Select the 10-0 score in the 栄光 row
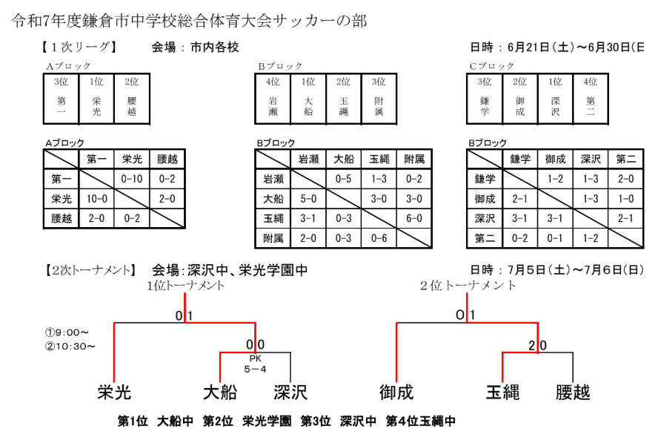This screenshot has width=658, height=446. coord(97,199)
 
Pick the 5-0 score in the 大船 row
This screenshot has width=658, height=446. coord(308,199)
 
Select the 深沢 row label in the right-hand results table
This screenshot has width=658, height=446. coord(484,219)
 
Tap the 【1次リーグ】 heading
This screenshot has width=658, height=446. coord(78,47)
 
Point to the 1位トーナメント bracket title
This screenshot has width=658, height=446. coord(185,286)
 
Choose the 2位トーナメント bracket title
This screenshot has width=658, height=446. coord(468,286)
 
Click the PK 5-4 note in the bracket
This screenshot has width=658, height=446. coord(256,363)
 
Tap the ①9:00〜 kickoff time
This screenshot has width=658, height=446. coord(67,332)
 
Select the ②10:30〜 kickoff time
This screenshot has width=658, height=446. coord(70,345)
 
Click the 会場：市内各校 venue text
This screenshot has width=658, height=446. coord(196,47)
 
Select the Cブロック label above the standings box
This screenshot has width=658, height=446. coord(491,66)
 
